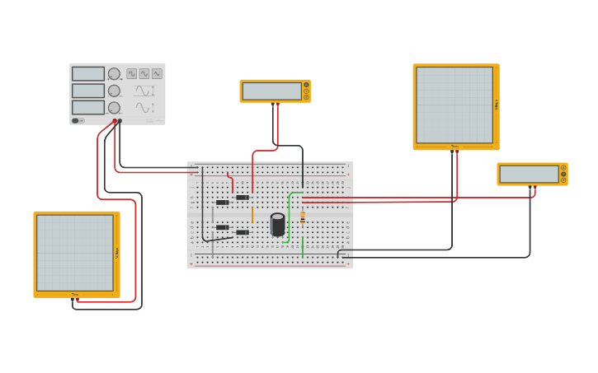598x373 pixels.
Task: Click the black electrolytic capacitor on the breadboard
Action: [278, 224]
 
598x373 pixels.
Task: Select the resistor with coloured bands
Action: [303, 217]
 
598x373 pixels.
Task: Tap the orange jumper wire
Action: [252, 215]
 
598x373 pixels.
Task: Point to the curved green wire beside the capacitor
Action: [290, 217]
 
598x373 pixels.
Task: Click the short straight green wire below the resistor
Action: [303, 245]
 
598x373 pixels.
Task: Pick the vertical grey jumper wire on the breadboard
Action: [212, 217]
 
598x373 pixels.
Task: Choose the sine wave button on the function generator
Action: [157, 73]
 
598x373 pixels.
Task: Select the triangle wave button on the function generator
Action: [144, 73]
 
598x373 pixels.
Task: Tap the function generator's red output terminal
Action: [115, 121]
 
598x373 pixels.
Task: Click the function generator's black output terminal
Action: [120, 121]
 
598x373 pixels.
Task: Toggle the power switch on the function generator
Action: [75, 120]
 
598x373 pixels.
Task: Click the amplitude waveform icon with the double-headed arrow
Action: [144, 91]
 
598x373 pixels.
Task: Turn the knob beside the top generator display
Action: [114, 73]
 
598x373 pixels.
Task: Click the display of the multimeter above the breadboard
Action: [271, 91]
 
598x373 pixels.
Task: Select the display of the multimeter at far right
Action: [529, 174]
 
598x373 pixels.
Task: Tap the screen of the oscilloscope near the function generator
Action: [75, 253]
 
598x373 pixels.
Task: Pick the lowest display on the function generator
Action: [88, 107]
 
